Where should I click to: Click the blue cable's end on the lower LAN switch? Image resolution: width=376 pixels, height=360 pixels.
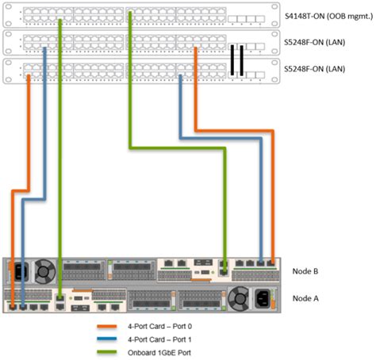181,78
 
